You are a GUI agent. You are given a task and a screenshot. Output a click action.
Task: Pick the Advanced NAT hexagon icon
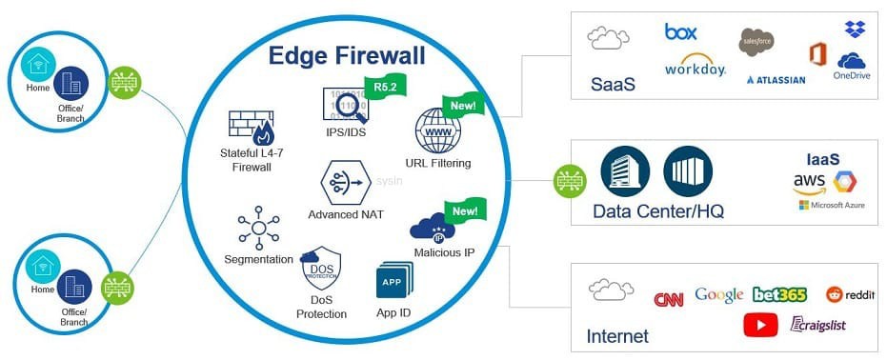coord(345,181)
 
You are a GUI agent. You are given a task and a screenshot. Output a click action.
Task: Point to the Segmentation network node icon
coord(258,228)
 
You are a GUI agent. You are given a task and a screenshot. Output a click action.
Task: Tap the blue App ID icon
coord(393,281)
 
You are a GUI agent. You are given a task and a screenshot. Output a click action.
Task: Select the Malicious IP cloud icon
coord(433,227)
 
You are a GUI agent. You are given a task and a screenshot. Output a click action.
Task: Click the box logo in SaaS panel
coord(681,31)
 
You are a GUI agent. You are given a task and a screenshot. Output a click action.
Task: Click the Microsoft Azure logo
coord(831,205)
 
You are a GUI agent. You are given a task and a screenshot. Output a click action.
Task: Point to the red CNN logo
coord(669,299)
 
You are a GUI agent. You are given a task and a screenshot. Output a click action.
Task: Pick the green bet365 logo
coord(779,294)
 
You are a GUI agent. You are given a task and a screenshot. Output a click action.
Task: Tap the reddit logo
coord(849,294)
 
